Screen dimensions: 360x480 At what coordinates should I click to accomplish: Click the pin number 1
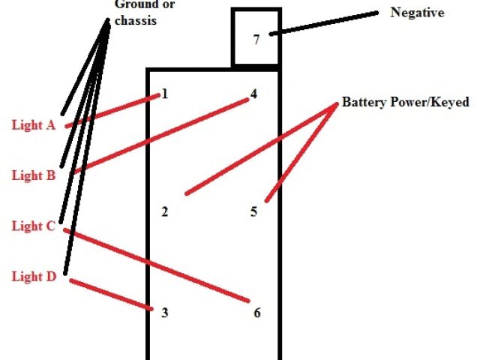pos(164,94)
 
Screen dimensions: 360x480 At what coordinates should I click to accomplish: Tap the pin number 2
pos(165,211)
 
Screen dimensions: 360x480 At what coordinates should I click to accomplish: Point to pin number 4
pos(253,94)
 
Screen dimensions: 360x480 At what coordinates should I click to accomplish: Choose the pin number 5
pos(253,211)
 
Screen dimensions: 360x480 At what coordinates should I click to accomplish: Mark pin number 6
pos(256,312)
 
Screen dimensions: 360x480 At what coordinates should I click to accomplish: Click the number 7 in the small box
pos(256,40)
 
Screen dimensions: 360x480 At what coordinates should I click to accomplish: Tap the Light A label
pos(34,125)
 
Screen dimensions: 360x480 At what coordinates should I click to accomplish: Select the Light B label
pos(34,175)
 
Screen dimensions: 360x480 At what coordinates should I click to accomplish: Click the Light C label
pos(34,226)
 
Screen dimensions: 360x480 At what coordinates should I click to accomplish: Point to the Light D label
pos(34,277)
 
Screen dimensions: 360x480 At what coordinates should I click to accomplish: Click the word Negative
pos(418,13)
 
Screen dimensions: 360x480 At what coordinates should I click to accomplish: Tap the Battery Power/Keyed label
pos(405,103)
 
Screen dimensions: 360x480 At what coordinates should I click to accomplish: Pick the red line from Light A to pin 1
pos(112,109)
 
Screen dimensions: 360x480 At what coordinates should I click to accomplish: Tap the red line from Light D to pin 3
pos(111,292)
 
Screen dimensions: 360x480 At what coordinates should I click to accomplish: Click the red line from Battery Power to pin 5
pos(300,153)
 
